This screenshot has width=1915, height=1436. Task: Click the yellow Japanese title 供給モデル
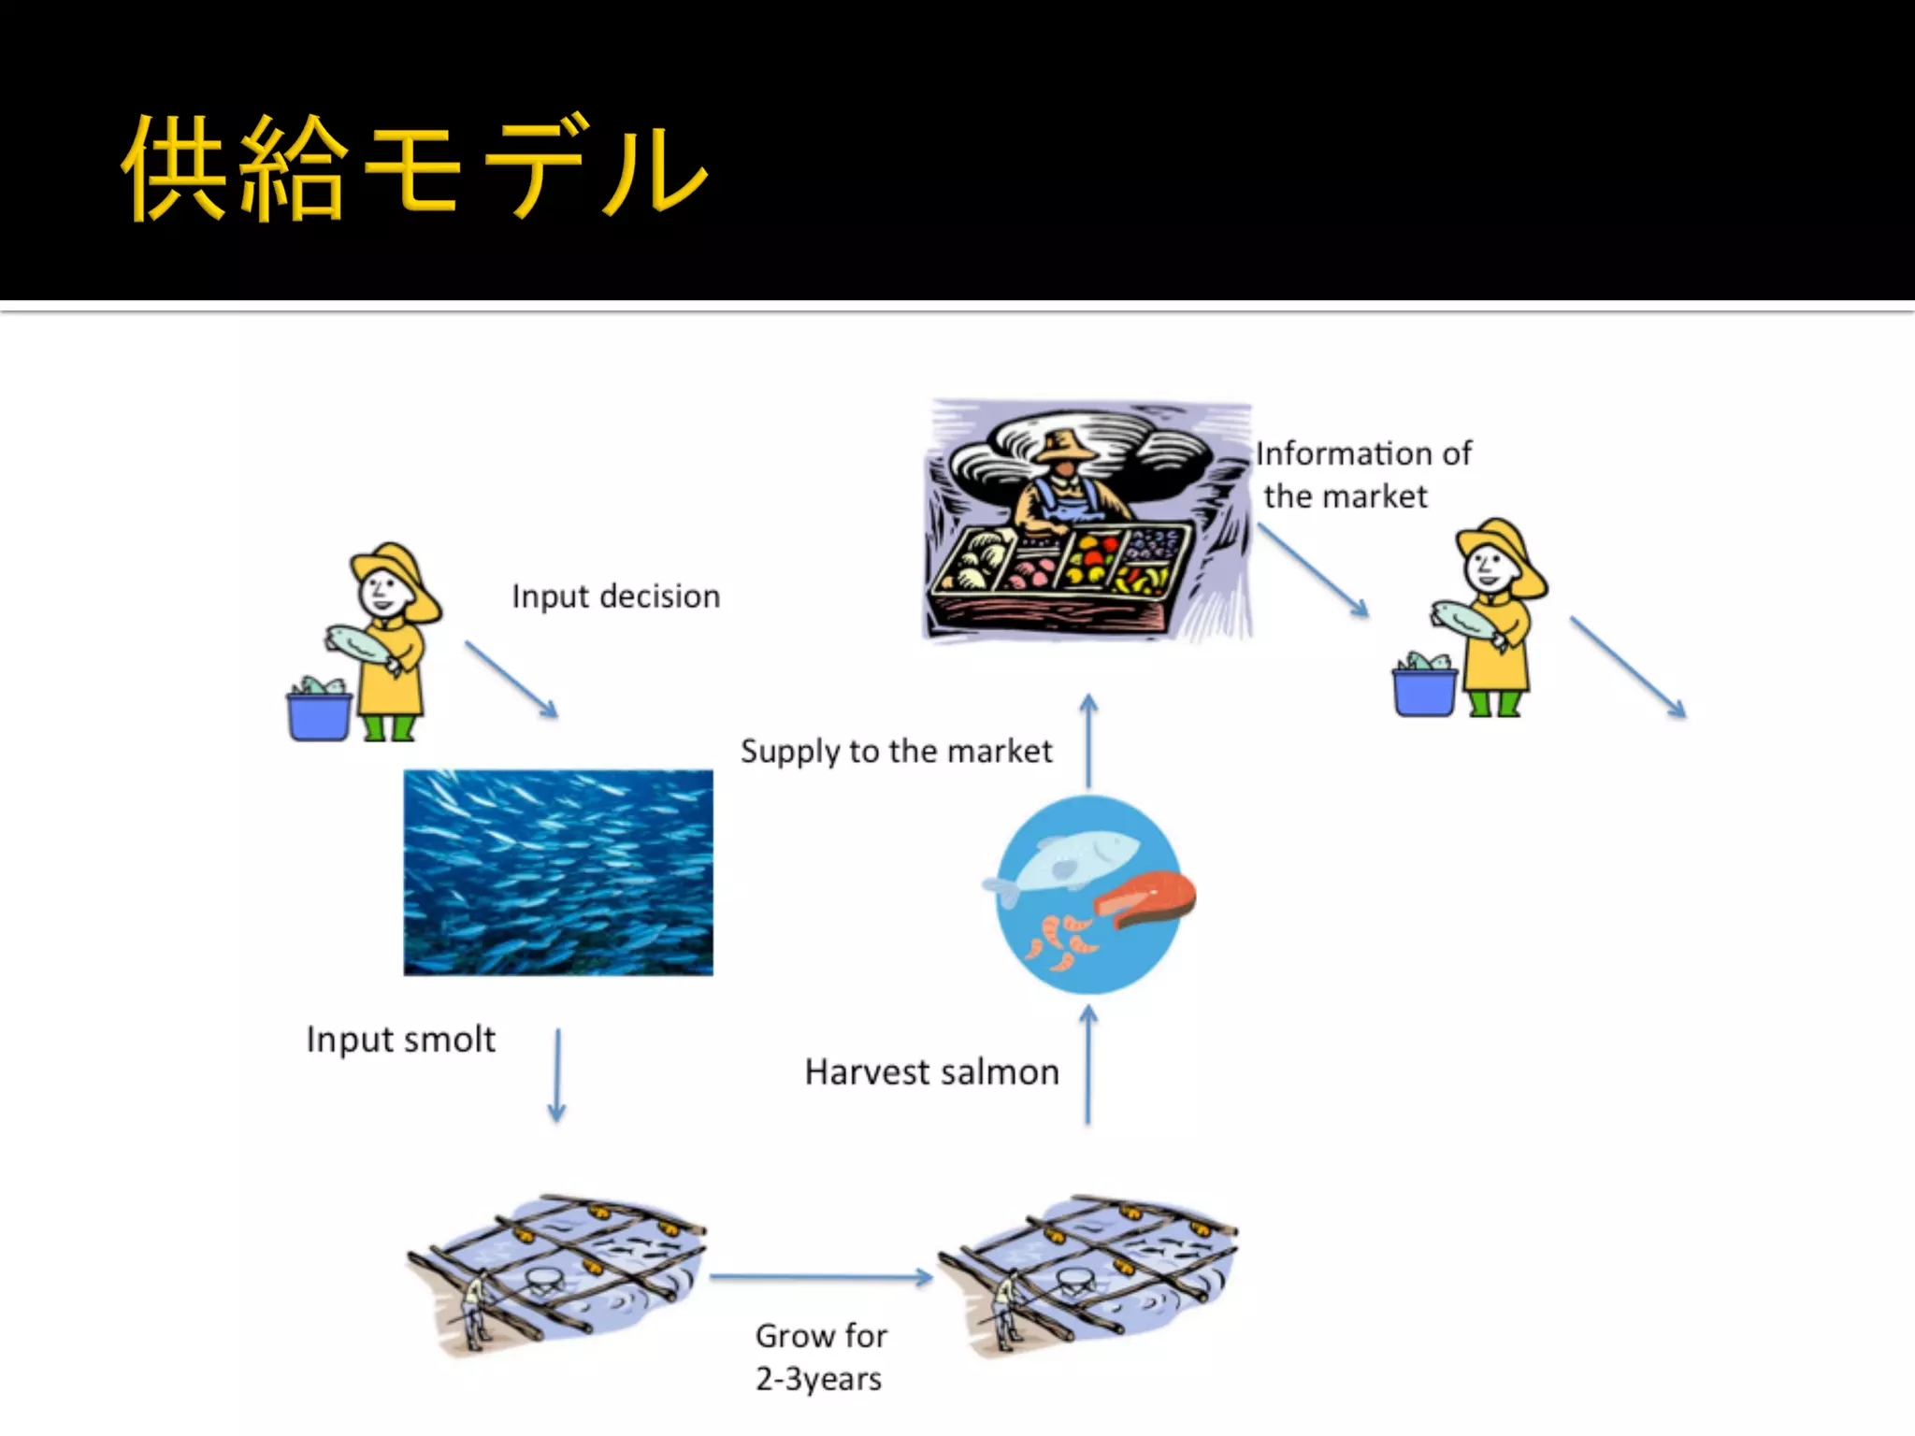413,168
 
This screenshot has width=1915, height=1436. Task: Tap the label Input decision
615,596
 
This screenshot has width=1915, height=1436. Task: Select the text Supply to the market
896,751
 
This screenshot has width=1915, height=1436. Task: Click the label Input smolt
400,1040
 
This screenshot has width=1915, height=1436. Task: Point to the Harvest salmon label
931,1072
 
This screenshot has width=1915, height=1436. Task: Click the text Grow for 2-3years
820,1357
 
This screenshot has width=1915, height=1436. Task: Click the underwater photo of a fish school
558,872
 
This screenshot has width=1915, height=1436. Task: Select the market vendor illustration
1087,521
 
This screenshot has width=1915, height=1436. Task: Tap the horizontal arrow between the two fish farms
821,1277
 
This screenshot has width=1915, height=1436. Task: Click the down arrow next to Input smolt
557,1075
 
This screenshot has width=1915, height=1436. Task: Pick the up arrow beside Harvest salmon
1088,1065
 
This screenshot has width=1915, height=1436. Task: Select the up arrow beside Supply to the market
1088,741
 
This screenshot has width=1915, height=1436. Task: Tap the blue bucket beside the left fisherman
319,715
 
